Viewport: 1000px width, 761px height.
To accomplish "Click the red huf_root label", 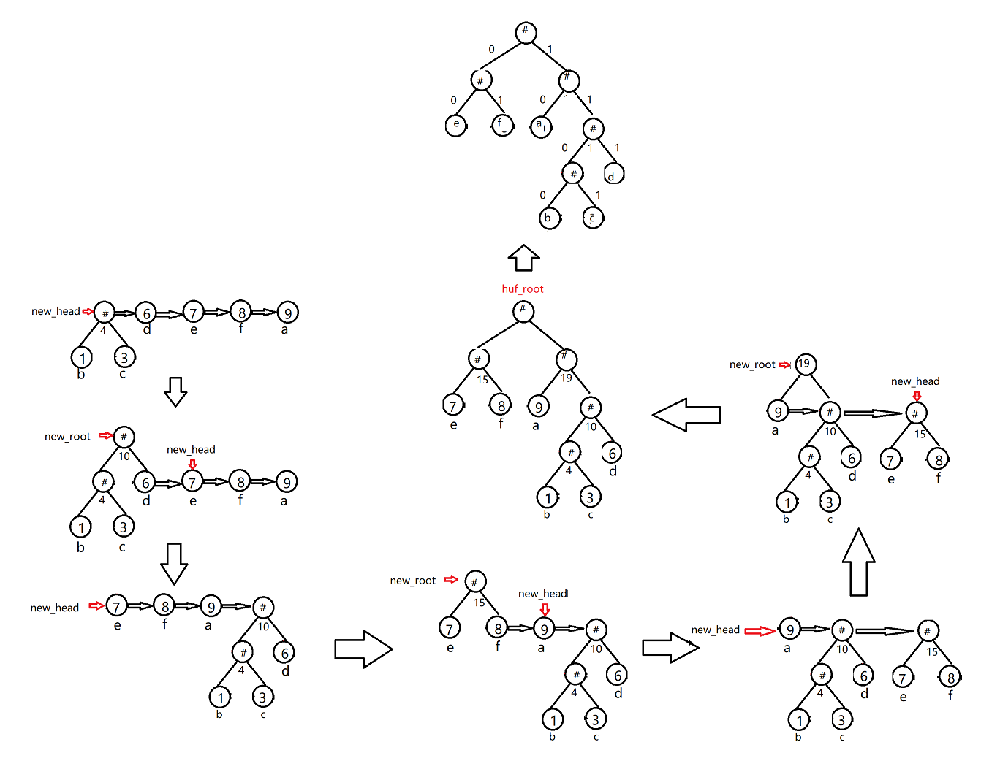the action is [x=522, y=289].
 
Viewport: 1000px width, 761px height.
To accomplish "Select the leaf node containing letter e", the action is [x=456, y=125].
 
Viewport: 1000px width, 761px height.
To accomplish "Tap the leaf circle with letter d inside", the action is [x=613, y=175].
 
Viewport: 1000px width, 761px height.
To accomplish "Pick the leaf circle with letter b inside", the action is [x=549, y=218].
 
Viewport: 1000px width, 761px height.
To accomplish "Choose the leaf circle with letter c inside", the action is [x=593, y=218].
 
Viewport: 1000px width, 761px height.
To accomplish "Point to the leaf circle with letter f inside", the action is [x=502, y=125].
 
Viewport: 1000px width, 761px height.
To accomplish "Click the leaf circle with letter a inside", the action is [x=541, y=126].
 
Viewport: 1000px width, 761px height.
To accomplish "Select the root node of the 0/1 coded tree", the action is [x=525, y=32].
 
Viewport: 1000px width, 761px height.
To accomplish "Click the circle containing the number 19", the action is [x=804, y=364].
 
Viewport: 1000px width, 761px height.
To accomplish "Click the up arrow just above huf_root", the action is [x=523, y=258].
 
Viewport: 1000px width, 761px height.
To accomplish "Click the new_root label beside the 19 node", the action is [x=751, y=364].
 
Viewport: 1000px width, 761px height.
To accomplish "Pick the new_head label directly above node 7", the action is [x=190, y=450].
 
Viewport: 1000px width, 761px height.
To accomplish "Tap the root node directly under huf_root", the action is [x=523, y=311].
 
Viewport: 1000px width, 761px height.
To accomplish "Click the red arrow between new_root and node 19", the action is [x=785, y=364].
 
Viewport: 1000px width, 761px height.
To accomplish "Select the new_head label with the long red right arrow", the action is [x=715, y=630].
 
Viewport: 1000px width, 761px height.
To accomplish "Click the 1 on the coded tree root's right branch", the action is [x=550, y=50].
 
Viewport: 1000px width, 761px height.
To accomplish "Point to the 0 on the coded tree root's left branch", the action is [x=491, y=50].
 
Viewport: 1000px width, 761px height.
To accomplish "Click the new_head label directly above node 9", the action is [x=542, y=594].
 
